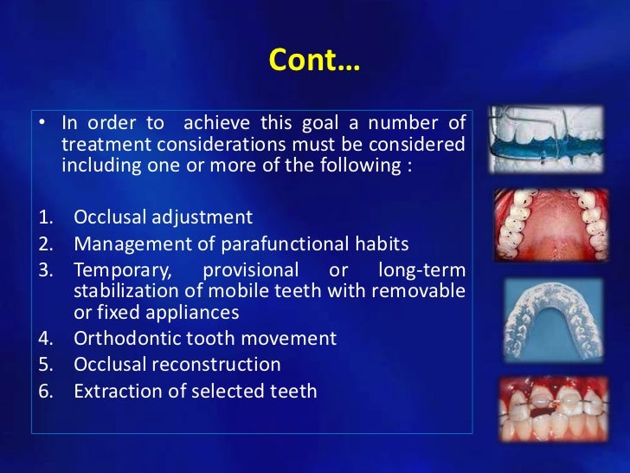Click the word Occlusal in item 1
(110, 217)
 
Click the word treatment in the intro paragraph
(98, 144)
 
